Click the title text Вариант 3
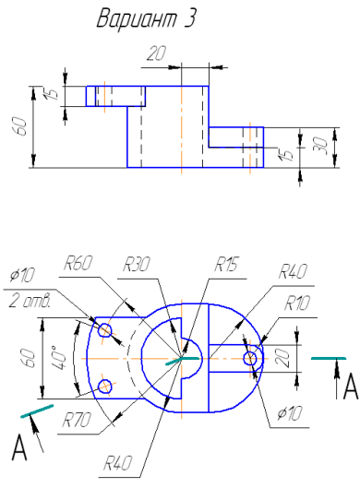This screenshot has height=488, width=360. click(x=146, y=18)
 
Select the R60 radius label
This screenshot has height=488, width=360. click(x=78, y=263)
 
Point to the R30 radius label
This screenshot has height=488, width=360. click(x=136, y=265)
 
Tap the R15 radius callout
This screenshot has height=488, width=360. click(x=226, y=265)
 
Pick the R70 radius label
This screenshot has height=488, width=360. click(x=77, y=420)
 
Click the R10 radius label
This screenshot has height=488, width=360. click(x=297, y=304)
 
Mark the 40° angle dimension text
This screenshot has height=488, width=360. click(x=60, y=357)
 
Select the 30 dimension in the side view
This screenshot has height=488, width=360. click(x=322, y=147)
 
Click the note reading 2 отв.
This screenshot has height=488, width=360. click(x=30, y=301)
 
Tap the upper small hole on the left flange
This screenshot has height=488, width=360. click(x=105, y=330)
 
